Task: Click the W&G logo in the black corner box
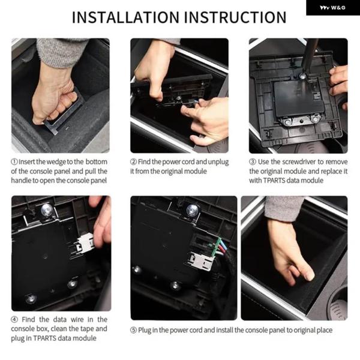(x=332, y=8)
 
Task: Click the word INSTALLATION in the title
(x=125, y=17)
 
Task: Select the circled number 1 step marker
(x=14, y=161)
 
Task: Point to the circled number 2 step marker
(x=133, y=161)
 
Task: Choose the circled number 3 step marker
(x=253, y=161)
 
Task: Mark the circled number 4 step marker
(x=14, y=319)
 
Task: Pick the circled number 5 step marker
(x=133, y=330)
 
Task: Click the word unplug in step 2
(x=218, y=162)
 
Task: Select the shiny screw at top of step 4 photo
(x=47, y=209)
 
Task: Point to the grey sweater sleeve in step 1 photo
(x=59, y=52)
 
